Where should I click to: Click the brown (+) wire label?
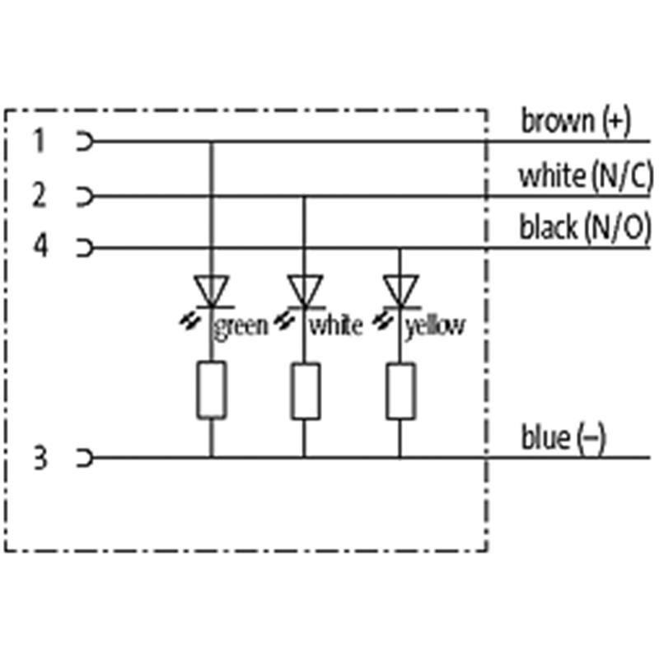(575, 122)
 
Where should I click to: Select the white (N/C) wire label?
(586, 175)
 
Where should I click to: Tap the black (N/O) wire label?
(584, 227)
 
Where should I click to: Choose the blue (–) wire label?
(563, 437)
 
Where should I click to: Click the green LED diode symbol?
(211, 291)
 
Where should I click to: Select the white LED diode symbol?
(305, 291)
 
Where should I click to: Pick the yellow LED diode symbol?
(400, 291)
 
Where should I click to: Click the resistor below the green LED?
(211, 390)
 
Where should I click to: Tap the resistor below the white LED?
(305, 390)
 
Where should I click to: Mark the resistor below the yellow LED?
(400, 390)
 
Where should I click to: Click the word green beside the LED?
(241, 326)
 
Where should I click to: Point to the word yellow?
(435, 326)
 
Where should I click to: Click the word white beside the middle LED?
(335, 326)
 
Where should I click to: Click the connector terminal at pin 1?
(83, 142)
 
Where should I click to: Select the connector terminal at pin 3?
(83, 457)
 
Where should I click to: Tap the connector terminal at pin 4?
(83, 247)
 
